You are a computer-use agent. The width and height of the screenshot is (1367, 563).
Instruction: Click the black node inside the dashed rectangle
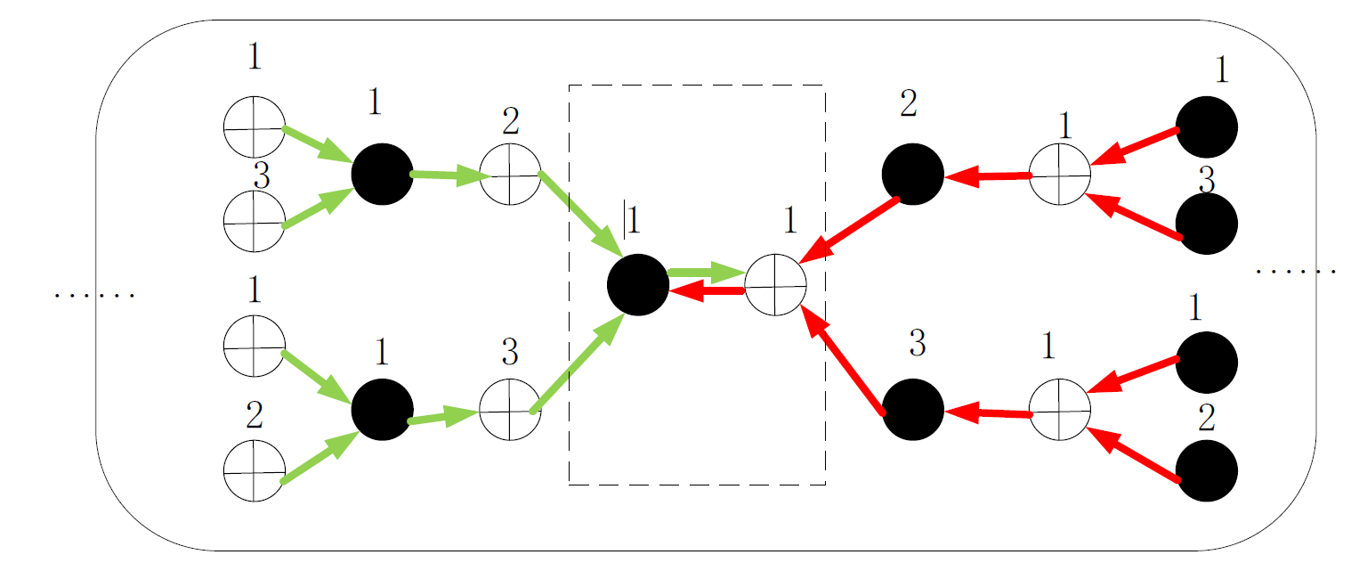pos(637,284)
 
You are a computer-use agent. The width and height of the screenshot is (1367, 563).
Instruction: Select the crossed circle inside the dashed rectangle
pos(775,284)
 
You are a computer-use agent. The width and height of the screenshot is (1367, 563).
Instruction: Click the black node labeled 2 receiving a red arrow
pos(912,175)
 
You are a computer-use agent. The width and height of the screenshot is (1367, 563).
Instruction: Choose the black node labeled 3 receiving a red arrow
pos(912,411)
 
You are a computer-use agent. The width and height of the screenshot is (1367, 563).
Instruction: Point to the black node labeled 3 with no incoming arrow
pos(1206,224)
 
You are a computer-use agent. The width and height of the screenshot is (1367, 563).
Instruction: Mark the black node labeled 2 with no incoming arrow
pos(1206,470)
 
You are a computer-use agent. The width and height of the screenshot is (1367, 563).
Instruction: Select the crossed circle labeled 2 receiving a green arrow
pos(510,174)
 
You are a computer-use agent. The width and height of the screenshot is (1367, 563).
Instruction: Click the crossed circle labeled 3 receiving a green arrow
pos(510,411)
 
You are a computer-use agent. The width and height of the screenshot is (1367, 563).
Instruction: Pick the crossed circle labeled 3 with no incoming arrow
pos(254,220)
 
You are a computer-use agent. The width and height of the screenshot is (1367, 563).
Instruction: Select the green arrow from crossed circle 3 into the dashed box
pos(578,365)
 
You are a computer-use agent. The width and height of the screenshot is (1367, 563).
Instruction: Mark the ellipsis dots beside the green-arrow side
pos(93,295)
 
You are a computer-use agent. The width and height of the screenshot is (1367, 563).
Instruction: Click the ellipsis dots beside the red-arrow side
pos(1295,271)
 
